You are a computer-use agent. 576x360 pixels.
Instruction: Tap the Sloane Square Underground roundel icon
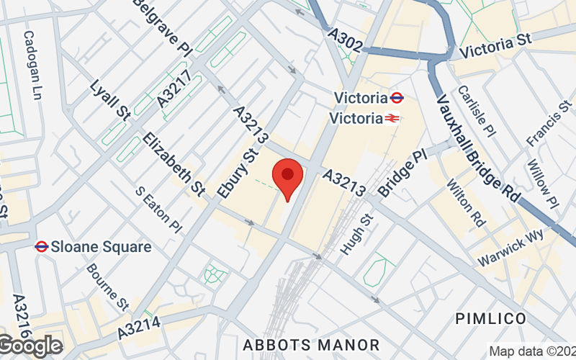point(41,247)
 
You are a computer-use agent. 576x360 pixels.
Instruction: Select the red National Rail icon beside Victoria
point(392,117)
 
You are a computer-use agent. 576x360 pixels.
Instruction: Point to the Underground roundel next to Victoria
point(396,97)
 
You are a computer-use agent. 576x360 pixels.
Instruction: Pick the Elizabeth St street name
point(174,163)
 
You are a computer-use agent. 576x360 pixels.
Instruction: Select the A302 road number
point(343,39)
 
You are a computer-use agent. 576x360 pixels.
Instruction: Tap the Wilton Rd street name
point(465,204)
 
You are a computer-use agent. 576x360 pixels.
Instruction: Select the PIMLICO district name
point(492,318)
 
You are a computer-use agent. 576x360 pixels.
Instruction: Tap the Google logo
point(30,346)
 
